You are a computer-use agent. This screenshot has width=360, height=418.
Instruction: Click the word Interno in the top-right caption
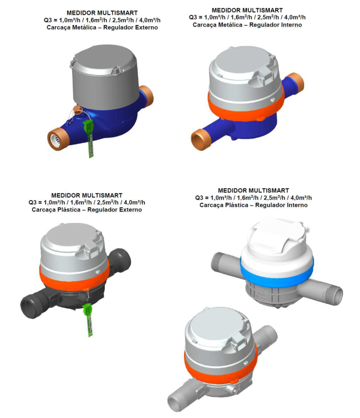click(x=289, y=25)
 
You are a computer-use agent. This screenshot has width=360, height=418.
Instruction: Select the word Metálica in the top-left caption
click(x=84, y=28)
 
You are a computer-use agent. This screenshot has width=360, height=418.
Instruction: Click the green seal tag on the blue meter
click(x=89, y=138)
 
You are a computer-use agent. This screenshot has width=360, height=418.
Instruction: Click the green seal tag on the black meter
click(x=88, y=320)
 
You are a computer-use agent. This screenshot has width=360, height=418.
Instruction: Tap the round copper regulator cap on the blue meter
click(x=78, y=110)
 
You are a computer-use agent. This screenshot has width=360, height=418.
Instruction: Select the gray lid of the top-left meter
click(x=105, y=77)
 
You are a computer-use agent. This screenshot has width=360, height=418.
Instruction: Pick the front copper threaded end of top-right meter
click(x=201, y=140)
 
